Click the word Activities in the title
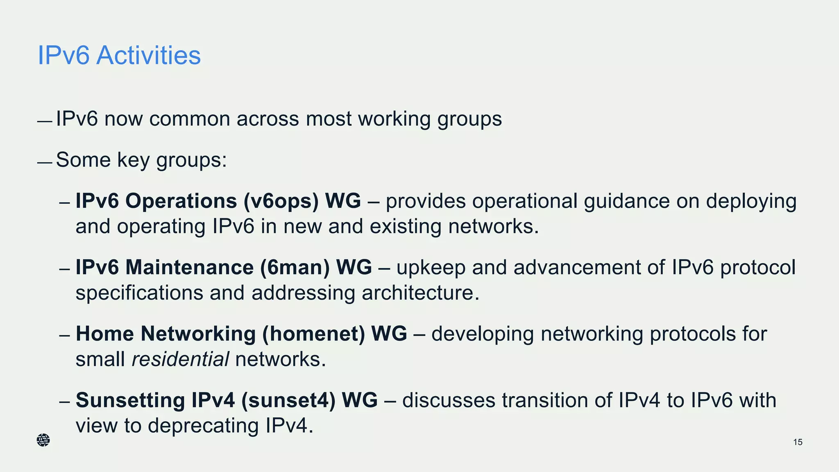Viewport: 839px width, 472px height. [x=148, y=55]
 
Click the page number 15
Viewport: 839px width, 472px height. [x=798, y=442]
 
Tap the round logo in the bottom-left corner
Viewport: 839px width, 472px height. [x=43, y=440]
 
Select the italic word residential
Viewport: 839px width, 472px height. [x=180, y=359]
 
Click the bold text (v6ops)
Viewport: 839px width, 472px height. [x=281, y=201]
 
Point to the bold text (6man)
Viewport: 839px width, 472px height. [x=295, y=268]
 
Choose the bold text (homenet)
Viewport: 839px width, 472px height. [x=313, y=334]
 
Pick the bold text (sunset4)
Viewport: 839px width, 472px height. [x=288, y=400]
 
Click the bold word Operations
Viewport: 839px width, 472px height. [x=181, y=201]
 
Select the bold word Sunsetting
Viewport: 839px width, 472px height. [x=130, y=400]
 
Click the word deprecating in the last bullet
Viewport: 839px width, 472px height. [x=203, y=426]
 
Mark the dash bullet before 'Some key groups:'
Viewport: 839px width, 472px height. [x=44, y=163]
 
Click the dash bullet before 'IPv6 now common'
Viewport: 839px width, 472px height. [x=44, y=122]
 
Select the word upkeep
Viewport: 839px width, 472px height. [x=431, y=268]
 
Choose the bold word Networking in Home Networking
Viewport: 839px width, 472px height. [x=198, y=334]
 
